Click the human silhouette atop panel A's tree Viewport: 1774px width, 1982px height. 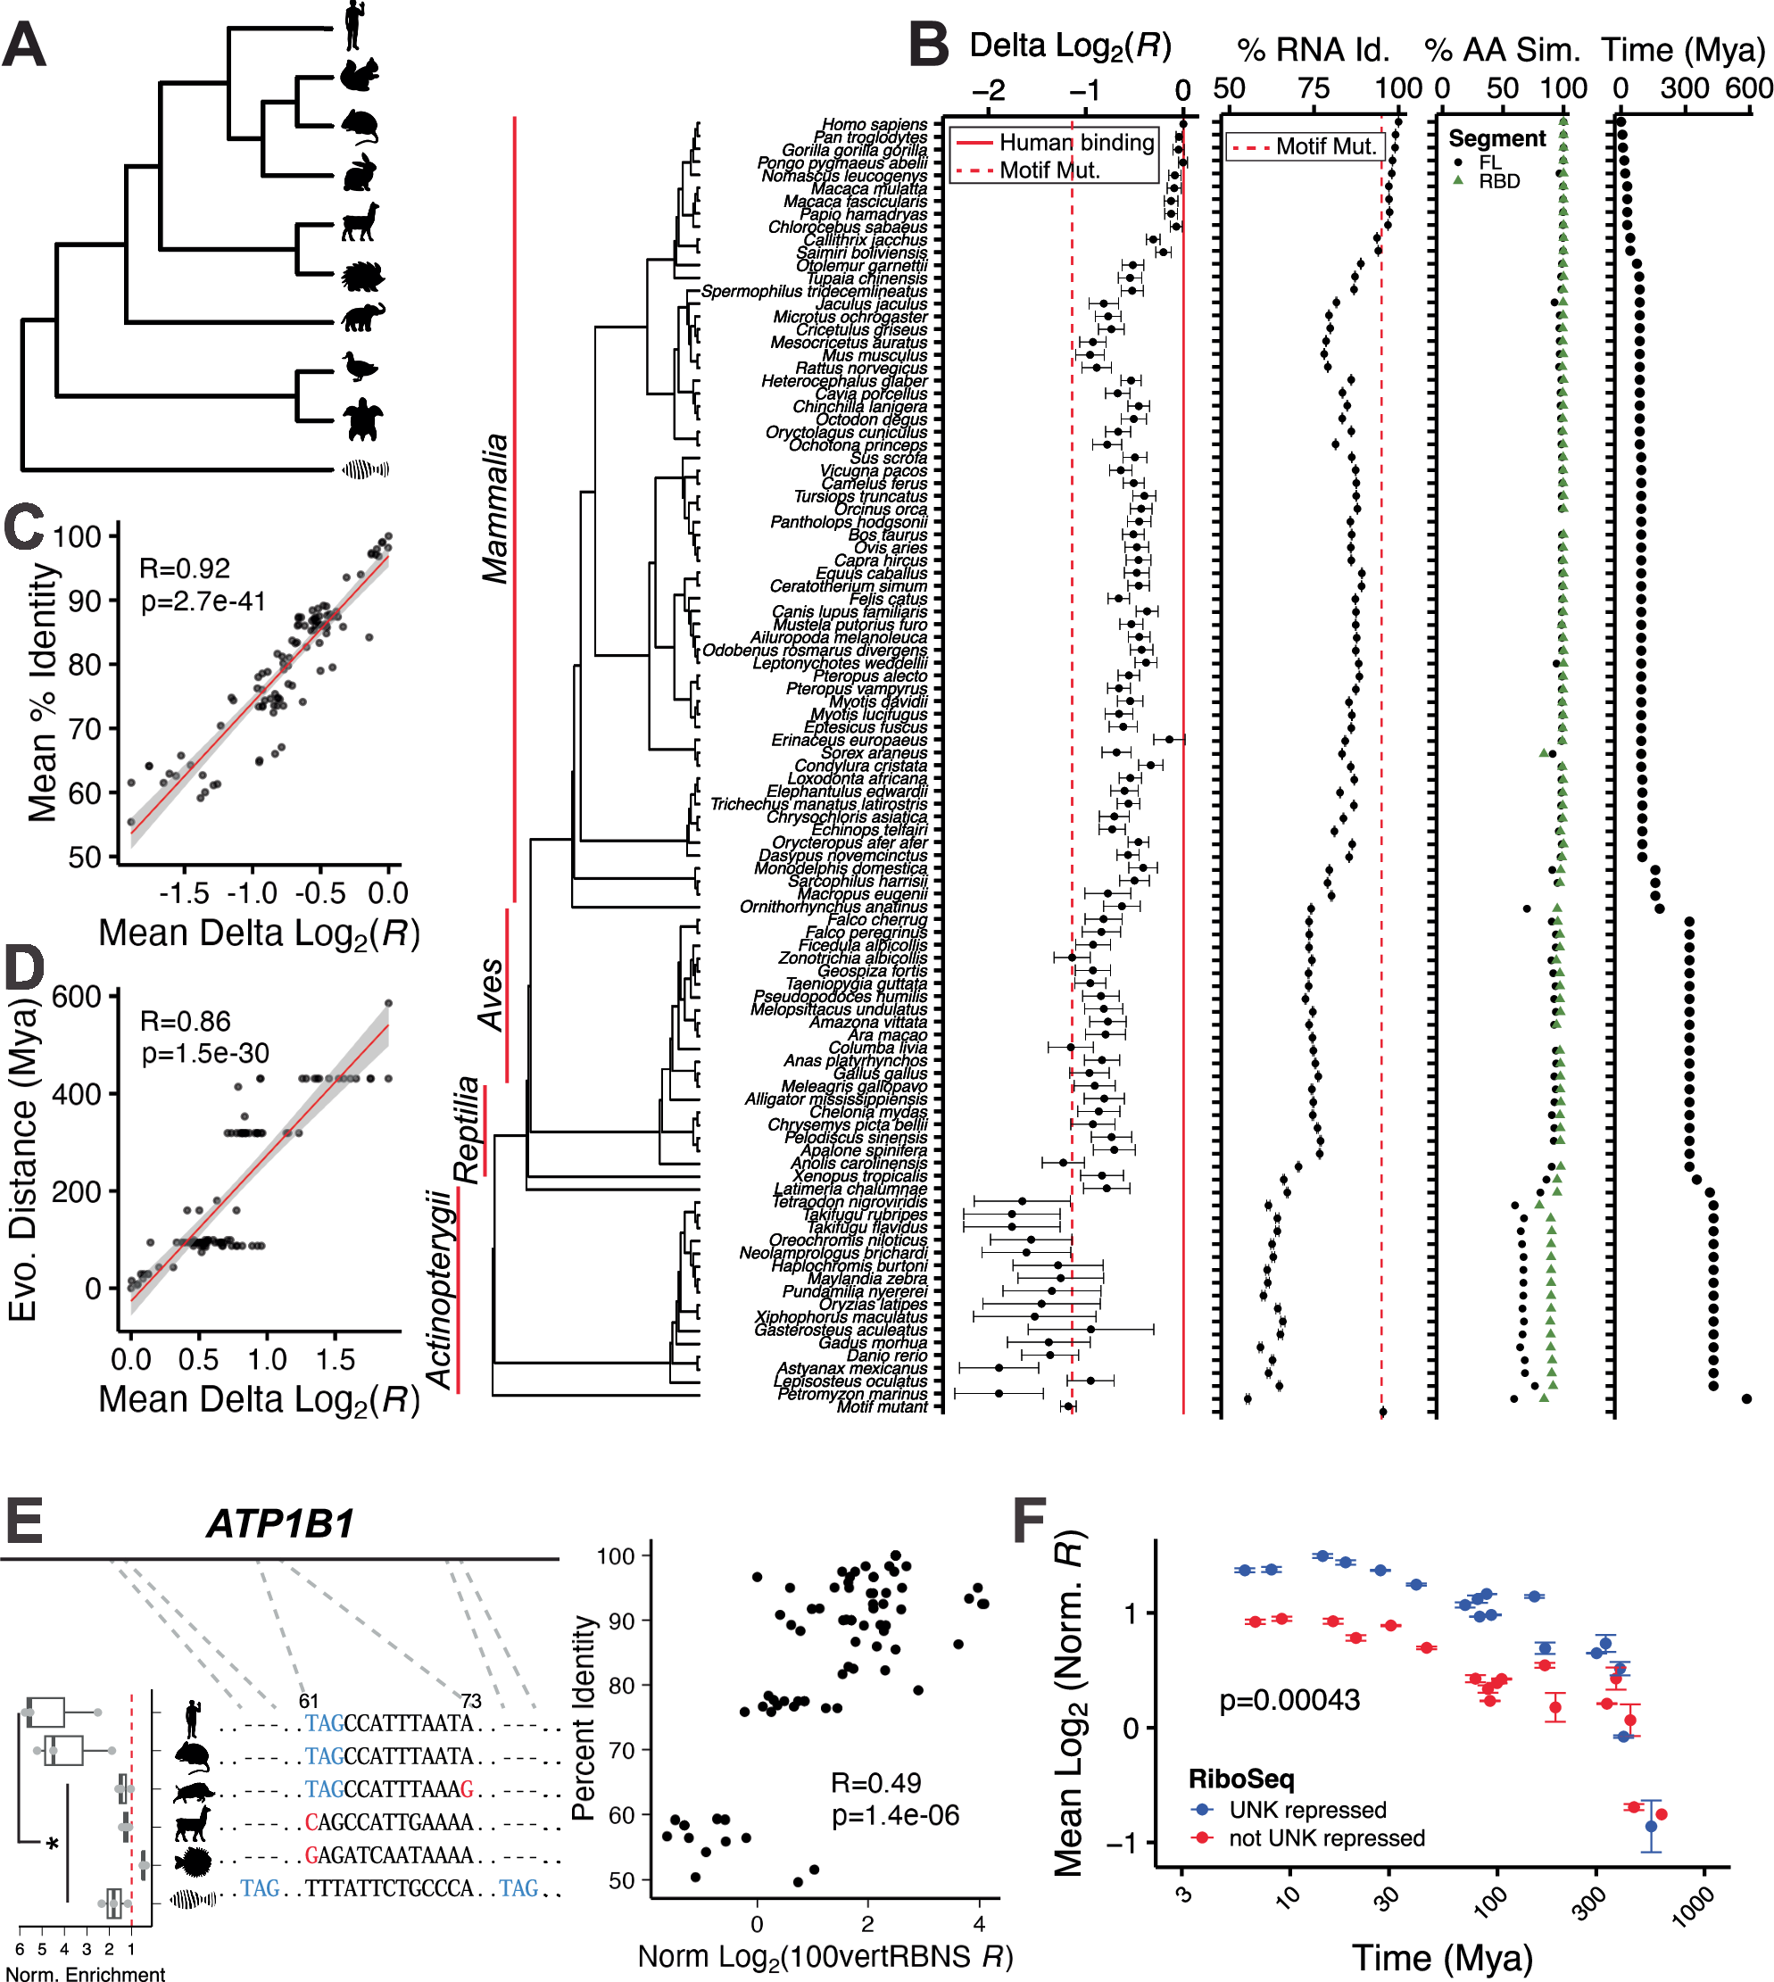[x=354, y=25]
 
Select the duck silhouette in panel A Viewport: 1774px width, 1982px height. [x=360, y=367]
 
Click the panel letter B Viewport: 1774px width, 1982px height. [x=927, y=46]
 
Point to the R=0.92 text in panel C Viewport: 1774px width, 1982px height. [x=184, y=568]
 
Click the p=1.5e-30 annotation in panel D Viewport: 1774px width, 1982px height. [x=204, y=1053]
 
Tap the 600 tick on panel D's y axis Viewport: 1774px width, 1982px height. [x=76, y=997]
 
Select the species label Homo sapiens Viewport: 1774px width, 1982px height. [x=874, y=125]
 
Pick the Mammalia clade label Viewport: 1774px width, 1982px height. [x=495, y=508]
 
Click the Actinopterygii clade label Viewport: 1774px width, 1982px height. [x=441, y=1288]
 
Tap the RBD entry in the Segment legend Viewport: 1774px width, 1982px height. [x=1498, y=181]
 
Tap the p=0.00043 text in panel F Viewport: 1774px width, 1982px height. [x=1289, y=1700]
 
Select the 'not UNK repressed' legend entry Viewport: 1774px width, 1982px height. [x=1326, y=1837]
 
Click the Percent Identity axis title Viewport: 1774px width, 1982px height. [x=583, y=1717]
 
